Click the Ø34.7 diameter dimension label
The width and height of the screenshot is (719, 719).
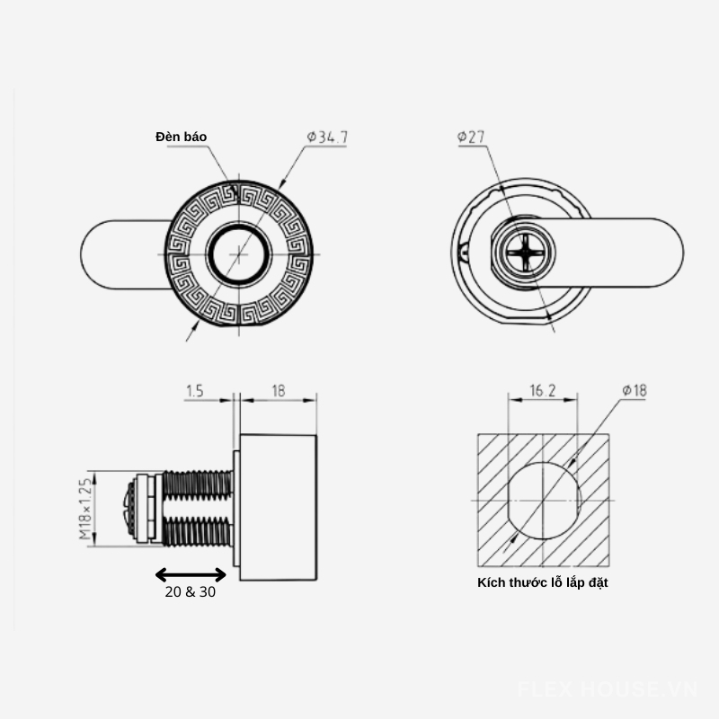click(x=327, y=137)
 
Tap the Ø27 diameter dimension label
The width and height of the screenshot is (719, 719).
click(x=471, y=137)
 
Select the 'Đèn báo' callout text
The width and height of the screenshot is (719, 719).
click(x=182, y=137)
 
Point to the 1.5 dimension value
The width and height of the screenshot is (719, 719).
click(x=195, y=391)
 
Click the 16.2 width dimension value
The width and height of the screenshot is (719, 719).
click(x=543, y=391)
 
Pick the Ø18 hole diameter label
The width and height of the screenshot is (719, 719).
click(x=635, y=390)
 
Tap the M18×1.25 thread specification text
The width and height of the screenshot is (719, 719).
click(x=85, y=509)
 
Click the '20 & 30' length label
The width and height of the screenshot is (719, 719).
click(x=191, y=592)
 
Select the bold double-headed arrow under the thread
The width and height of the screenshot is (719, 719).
click(x=191, y=574)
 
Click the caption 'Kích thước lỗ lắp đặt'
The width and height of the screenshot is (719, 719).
click(x=543, y=582)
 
